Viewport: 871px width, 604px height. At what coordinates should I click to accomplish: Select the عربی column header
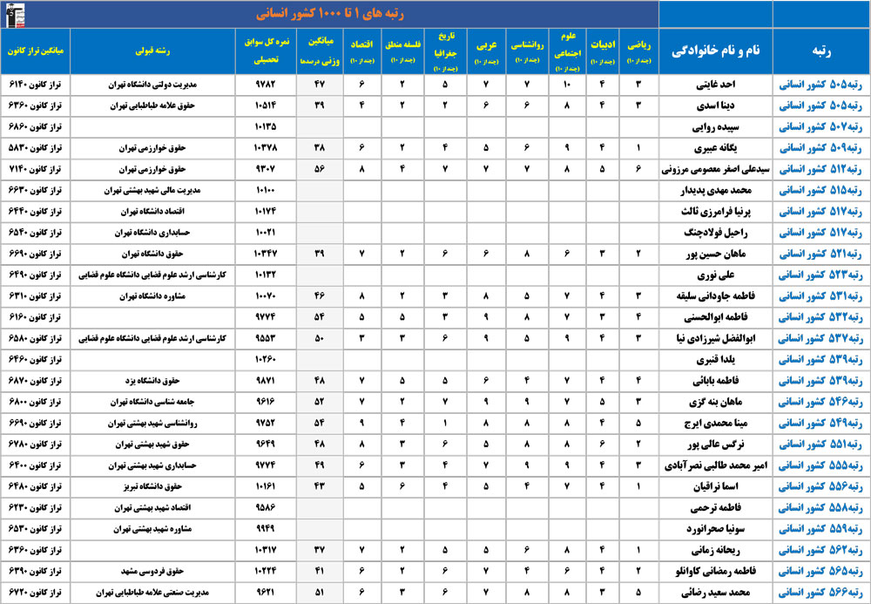(x=486, y=51)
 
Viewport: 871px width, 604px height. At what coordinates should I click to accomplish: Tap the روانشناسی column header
(x=527, y=51)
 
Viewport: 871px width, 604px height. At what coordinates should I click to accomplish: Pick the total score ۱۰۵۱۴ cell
(x=266, y=105)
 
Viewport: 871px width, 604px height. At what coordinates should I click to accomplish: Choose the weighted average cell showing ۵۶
(x=319, y=168)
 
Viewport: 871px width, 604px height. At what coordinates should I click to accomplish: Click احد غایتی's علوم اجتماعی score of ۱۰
(x=567, y=85)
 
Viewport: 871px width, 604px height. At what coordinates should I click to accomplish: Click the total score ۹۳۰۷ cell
(x=266, y=168)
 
